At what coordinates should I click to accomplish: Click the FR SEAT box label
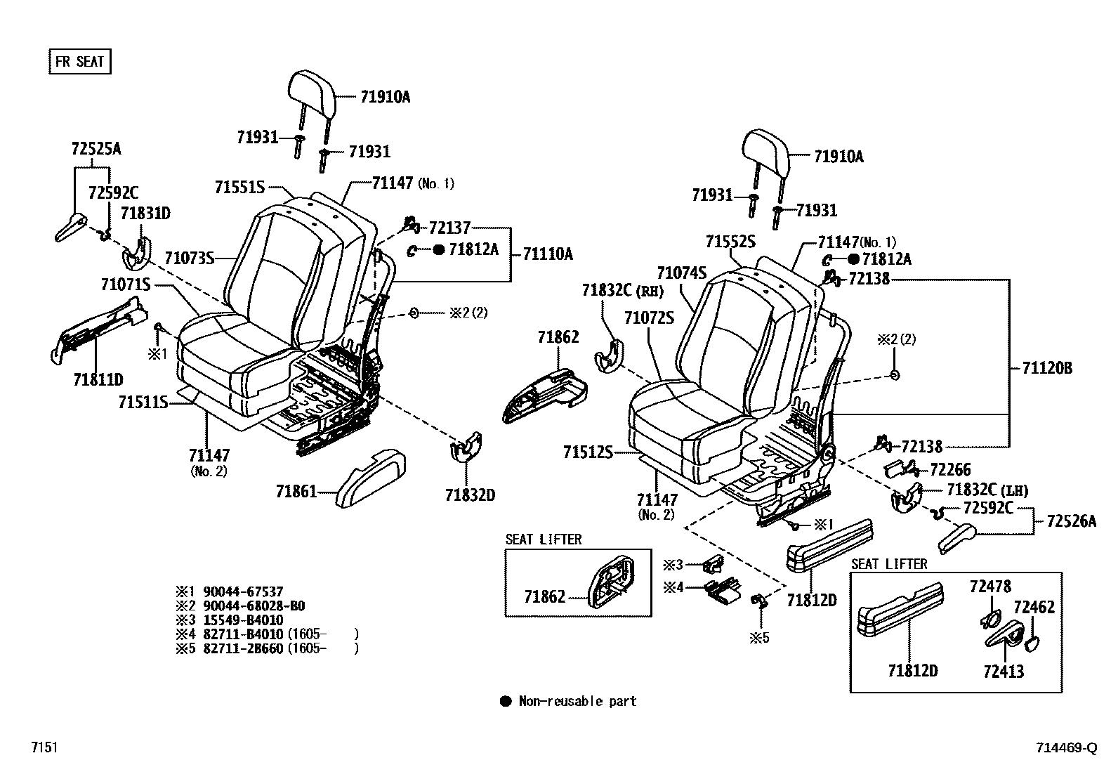pyautogui.click(x=79, y=62)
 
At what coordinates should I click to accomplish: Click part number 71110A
pyautogui.click(x=547, y=254)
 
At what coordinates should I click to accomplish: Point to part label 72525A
pyautogui.click(x=96, y=149)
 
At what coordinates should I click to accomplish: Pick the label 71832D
pyautogui.click(x=470, y=495)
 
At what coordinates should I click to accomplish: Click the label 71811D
pyautogui.click(x=98, y=380)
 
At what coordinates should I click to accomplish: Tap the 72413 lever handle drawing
pyautogui.click(x=1004, y=636)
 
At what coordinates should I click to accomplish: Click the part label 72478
pyautogui.click(x=990, y=587)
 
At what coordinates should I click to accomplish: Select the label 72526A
pyautogui.click(x=1070, y=521)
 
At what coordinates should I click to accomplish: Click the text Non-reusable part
pyautogui.click(x=577, y=701)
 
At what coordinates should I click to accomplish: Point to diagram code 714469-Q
pyautogui.click(x=1065, y=748)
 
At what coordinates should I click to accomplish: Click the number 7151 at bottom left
pyautogui.click(x=44, y=748)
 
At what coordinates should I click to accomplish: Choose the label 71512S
pyautogui.click(x=587, y=452)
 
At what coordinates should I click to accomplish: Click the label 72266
pyautogui.click(x=950, y=470)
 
